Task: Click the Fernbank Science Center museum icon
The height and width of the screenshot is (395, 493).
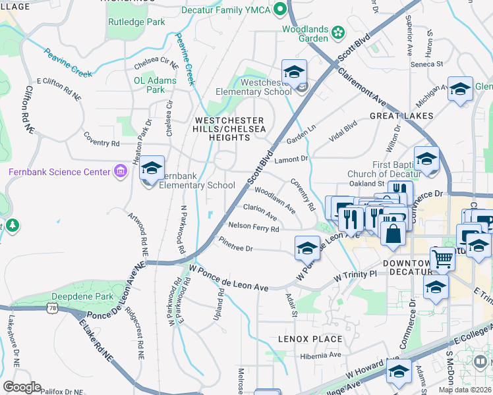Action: click(x=120, y=172)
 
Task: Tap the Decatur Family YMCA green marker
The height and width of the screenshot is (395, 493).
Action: click(x=280, y=9)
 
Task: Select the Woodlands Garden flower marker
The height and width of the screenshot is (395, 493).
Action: click(x=338, y=31)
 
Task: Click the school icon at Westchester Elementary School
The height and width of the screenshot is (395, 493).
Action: click(x=295, y=72)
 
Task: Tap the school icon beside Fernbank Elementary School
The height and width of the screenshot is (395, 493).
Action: click(x=152, y=170)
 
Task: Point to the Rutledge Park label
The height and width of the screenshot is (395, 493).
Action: click(x=136, y=22)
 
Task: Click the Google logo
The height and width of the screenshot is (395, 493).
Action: click(x=22, y=387)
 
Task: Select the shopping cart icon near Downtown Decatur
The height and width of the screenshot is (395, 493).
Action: click(x=442, y=259)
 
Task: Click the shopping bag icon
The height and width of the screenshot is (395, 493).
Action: click(x=393, y=235)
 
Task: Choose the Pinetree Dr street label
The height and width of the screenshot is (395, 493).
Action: click(x=236, y=245)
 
